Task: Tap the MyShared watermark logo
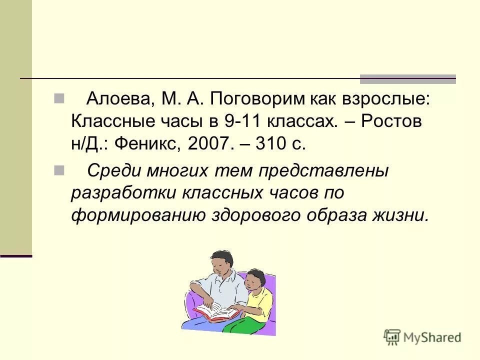tap(422, 337)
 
